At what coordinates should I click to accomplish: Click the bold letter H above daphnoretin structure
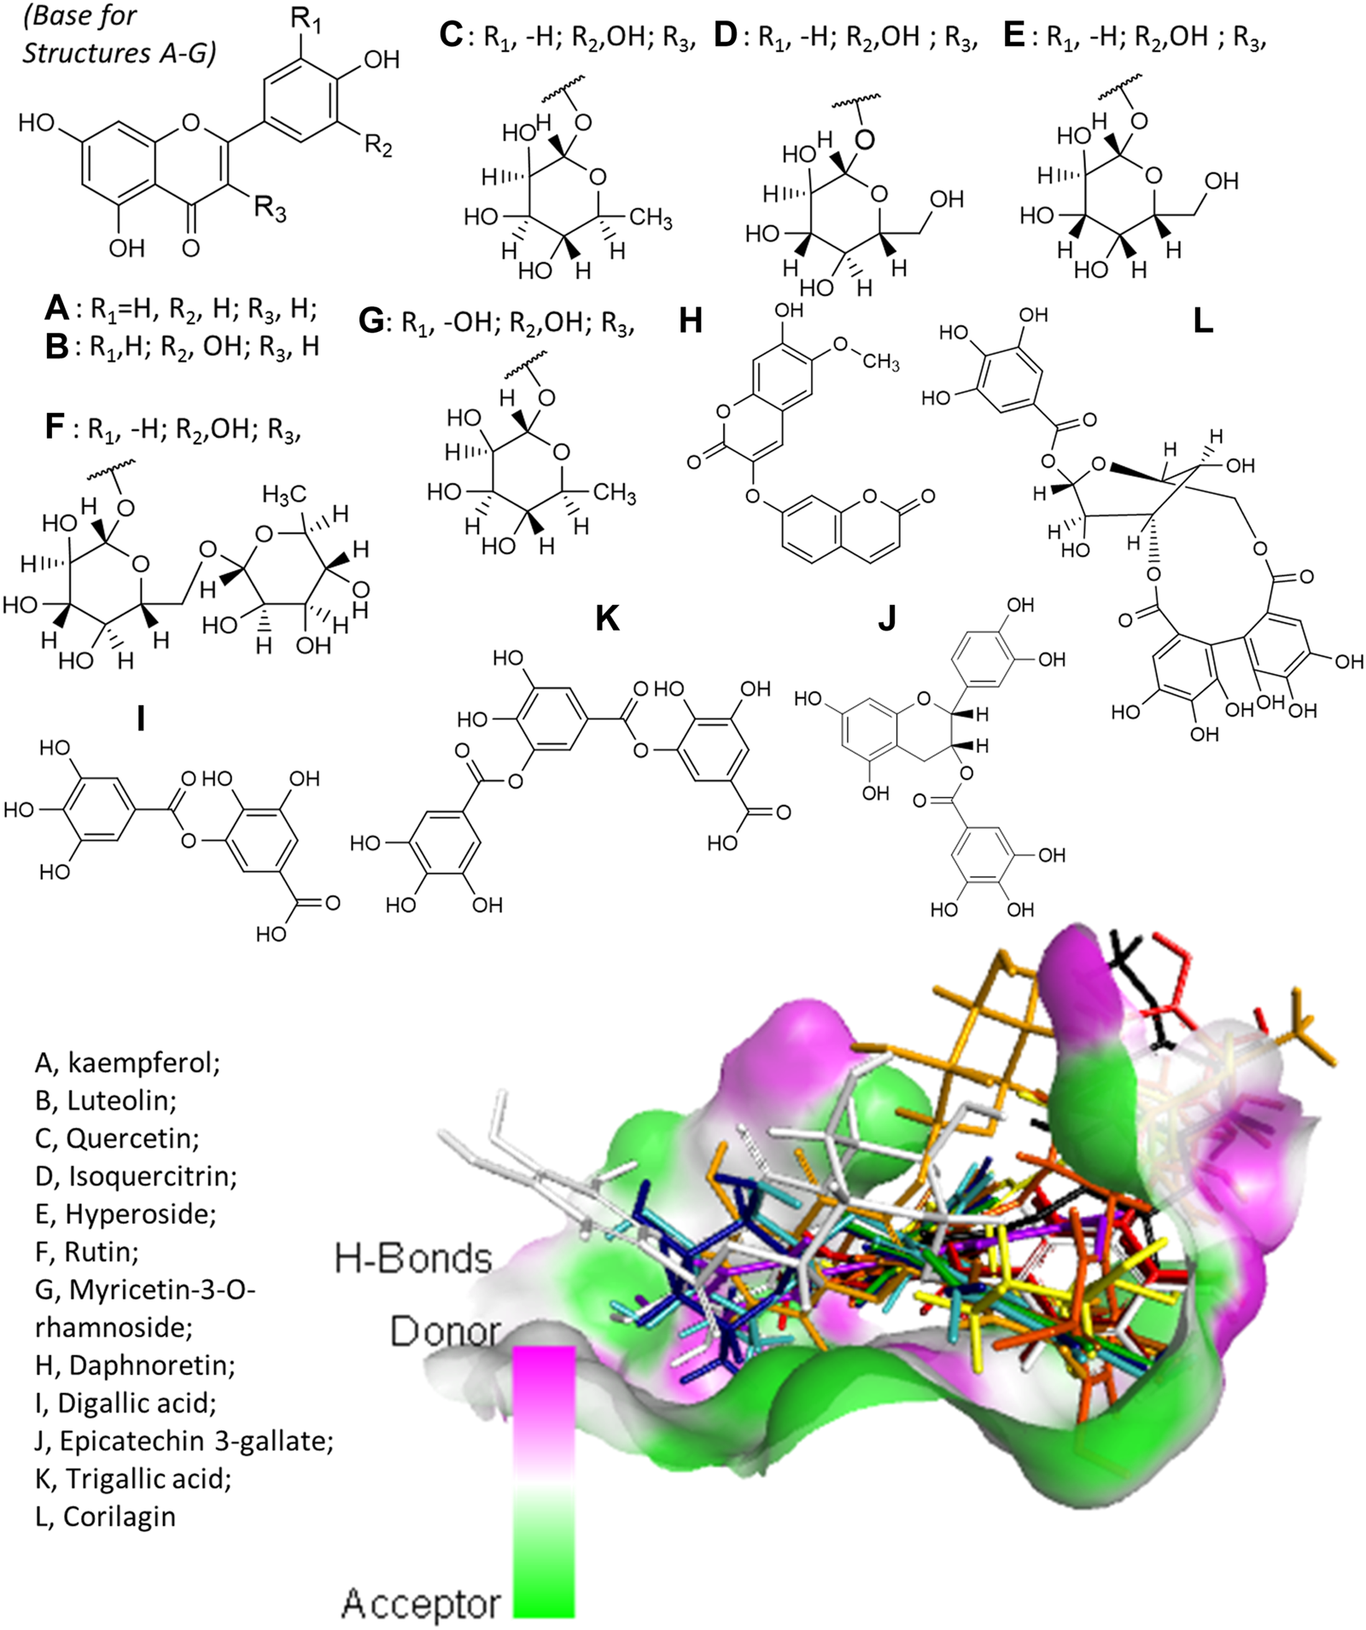coord(690,322)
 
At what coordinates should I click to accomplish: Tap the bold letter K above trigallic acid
coord(606,619)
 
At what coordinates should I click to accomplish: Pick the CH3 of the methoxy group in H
coord(880,362)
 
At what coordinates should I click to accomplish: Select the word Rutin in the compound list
coord(102,1252)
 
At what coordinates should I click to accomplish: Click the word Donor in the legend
coord(445,1331)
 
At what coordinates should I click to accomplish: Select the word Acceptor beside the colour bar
coord(421,1605)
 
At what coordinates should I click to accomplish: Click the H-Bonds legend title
coord(414,1259)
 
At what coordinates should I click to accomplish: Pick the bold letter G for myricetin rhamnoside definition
coord(373,322)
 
